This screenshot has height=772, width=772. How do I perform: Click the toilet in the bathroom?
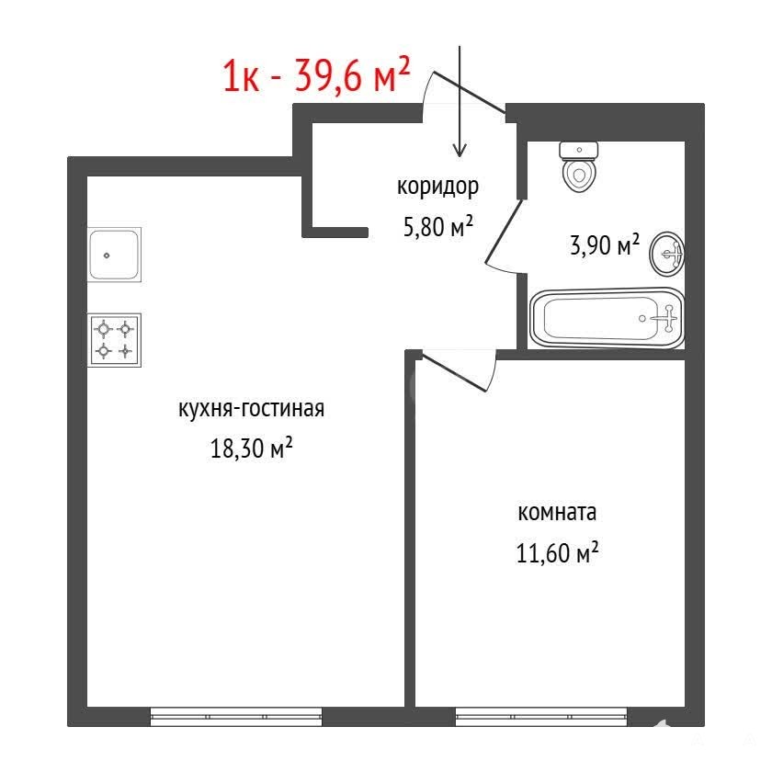[x=579, y=167]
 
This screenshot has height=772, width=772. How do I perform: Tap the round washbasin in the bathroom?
[x=667, y=254]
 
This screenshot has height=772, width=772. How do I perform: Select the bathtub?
[x=607, y=319]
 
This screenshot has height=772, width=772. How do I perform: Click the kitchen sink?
[x=114, y=255]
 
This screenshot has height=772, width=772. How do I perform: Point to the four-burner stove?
[x=114, y=340]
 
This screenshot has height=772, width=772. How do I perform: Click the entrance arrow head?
[x=460, y=150]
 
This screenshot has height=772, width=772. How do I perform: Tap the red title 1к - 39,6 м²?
[x=316, y=75]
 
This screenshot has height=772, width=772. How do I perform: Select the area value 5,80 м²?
[x=438, y=226]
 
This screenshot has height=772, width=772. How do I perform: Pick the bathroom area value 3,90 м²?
[x=605, y=244]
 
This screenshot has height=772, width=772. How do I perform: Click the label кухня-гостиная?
[x=251, y=409]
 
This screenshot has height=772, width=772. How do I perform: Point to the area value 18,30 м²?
[x=252, y=448]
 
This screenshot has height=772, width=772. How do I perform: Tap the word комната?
[x=557, y=512]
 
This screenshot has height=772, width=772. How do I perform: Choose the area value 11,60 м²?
[x=557, y=552]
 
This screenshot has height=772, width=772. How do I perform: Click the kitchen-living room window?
[x=236, y=716]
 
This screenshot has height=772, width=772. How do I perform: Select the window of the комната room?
[x=541, y=716]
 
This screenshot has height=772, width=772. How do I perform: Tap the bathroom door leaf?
[x=505, y=231]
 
